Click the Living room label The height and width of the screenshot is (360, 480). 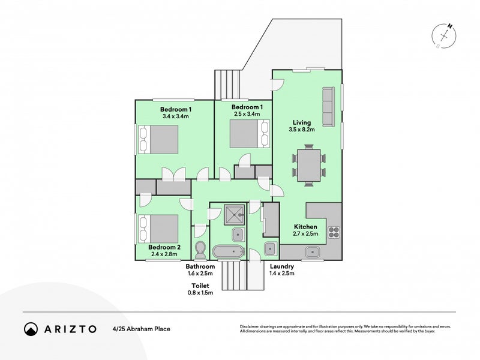302,122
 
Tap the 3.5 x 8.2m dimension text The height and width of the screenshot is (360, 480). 302,130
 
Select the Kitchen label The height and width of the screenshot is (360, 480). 305,227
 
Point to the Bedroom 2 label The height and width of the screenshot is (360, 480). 164,247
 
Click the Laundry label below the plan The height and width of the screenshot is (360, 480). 281,266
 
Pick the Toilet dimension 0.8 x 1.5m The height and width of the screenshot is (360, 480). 200,293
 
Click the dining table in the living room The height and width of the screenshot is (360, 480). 309,165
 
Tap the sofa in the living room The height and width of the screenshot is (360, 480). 328,107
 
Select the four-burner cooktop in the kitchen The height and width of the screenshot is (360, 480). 334,232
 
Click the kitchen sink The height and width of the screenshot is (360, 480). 312,252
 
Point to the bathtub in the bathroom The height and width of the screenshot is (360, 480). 229,251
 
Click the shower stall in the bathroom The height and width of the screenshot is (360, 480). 234,215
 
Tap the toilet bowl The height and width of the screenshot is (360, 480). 200,250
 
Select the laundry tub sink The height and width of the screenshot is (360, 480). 271,248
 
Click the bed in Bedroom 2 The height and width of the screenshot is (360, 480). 158,229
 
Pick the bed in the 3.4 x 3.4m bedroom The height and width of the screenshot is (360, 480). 158,139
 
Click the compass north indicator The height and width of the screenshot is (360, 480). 449,26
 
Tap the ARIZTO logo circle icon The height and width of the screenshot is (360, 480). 31,329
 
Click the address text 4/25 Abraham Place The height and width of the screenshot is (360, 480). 142,329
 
